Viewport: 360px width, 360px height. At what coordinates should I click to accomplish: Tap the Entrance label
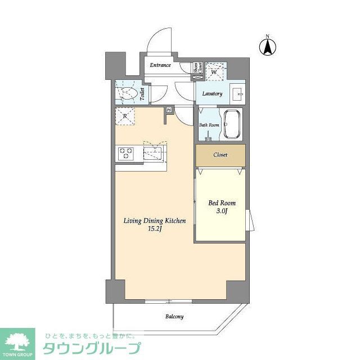(160, 65)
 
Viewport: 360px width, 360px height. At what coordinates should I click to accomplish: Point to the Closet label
(220, 155)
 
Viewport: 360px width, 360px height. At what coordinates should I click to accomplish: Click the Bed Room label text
(222, 203)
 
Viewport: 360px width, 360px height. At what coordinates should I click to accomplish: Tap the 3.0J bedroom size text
(222, 212)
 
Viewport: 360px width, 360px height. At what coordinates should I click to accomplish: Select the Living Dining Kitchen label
(155, 221)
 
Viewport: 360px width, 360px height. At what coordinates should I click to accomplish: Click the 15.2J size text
(155, 229)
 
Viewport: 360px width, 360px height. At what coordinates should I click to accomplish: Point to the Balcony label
(174, 317)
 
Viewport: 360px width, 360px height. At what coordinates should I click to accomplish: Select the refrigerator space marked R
(125, 117)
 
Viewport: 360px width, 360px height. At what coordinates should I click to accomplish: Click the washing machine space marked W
(215, 71)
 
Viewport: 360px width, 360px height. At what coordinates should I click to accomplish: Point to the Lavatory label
(211, 94)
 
